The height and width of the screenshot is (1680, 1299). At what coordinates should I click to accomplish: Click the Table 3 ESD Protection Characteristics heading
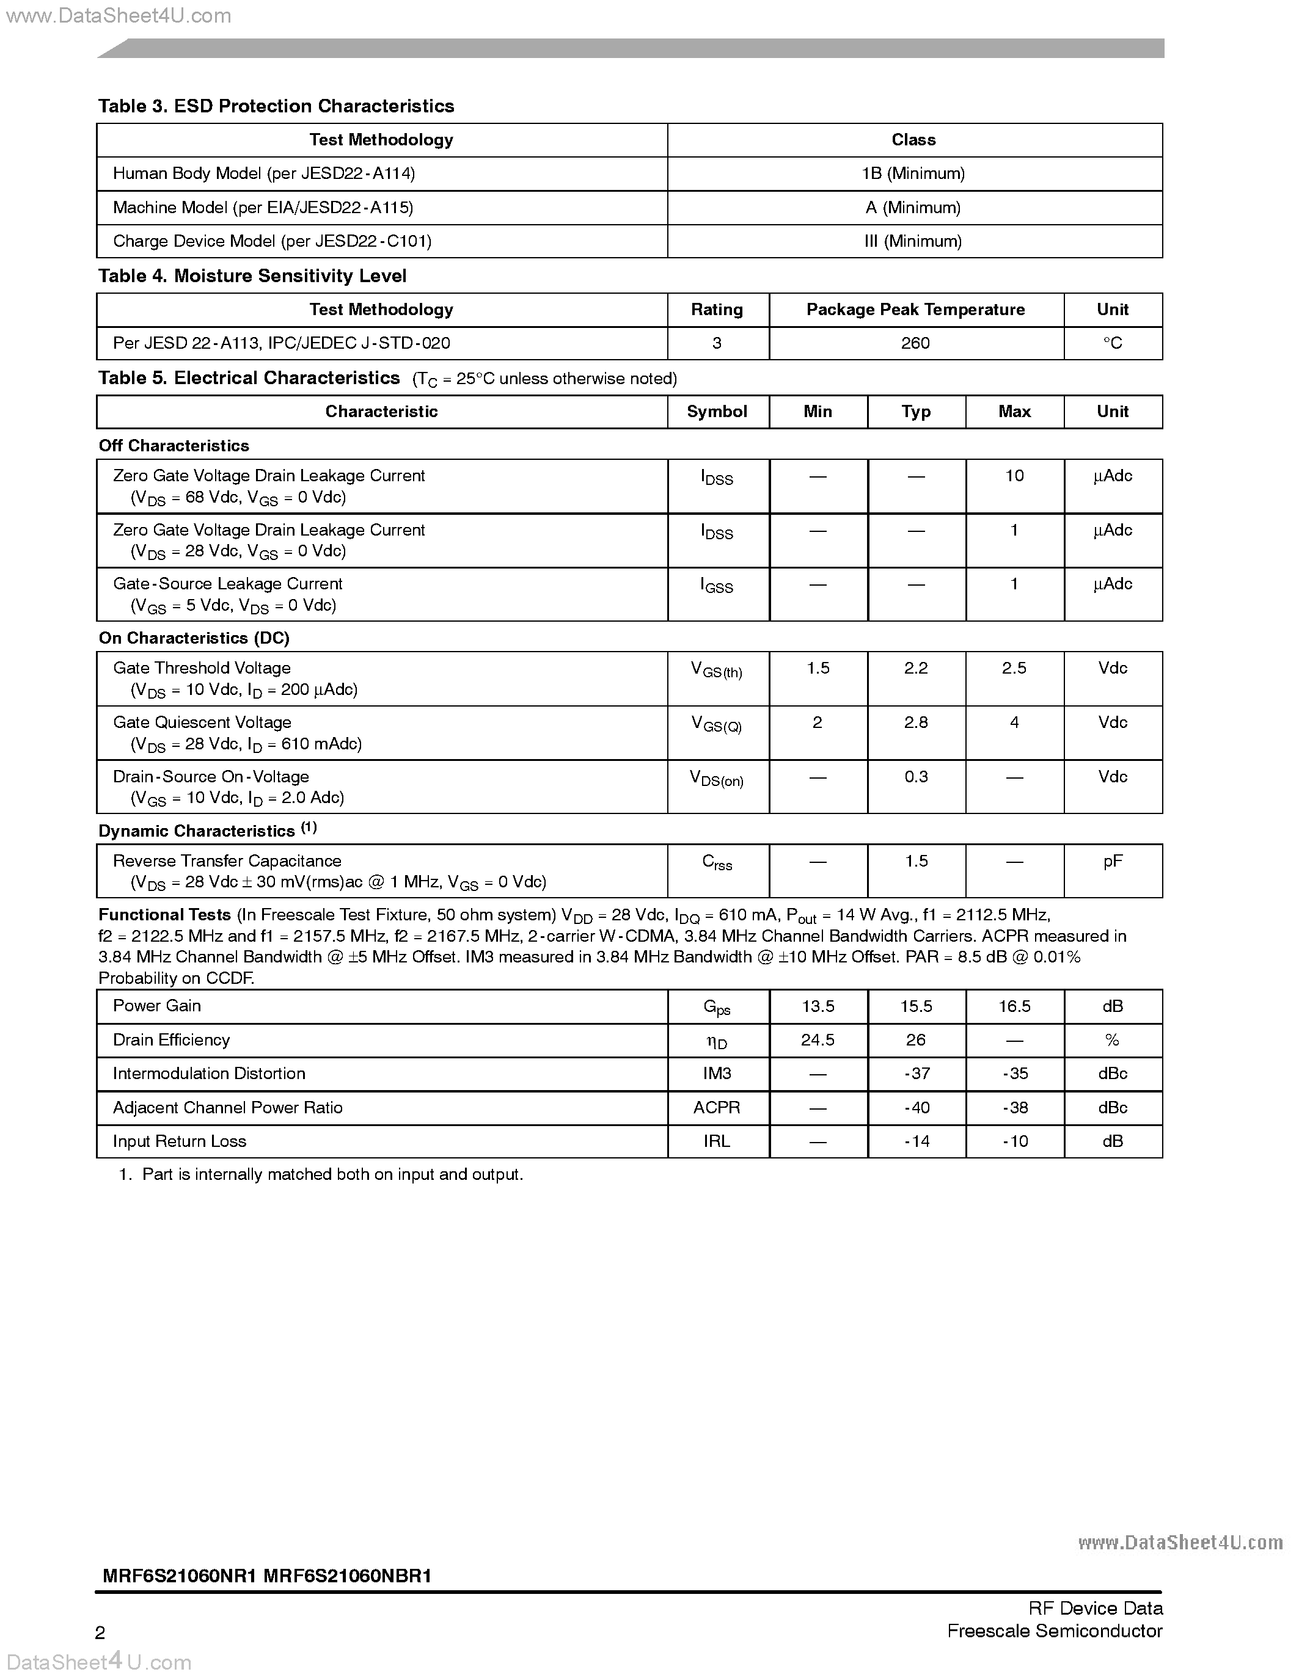click(276, 106)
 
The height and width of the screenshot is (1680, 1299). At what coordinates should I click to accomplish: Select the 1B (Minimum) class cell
click(913, 174)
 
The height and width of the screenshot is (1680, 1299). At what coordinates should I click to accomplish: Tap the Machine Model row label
click(262, 208)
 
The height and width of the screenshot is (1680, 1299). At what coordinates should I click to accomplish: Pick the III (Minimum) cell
click(913, 242)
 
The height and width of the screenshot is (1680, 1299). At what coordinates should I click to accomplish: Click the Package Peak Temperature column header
click(915, 310)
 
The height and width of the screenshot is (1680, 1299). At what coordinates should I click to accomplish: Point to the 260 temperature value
click(915, 343)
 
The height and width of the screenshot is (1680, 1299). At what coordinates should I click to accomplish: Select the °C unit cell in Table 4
click(1112, 343)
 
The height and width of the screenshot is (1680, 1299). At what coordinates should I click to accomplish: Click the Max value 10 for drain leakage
click(1014, 476)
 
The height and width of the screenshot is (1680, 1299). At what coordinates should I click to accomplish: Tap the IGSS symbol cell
click(717, 586)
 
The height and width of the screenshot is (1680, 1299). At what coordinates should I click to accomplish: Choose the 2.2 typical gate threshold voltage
click(916, 669)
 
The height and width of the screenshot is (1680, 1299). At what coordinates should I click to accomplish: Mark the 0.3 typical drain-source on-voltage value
click(916, 777)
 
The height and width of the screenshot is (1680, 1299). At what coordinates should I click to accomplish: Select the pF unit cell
click(1112, 862)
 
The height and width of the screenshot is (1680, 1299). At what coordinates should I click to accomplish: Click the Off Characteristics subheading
click(174, 446)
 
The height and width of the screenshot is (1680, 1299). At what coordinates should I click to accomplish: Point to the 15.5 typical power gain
click(916, 1007)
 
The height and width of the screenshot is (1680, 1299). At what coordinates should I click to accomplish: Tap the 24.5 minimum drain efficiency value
click(818, 1041)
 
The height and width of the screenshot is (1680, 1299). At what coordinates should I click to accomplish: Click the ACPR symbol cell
click(717, 1108)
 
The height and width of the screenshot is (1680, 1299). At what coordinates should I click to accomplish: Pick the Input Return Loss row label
click(179, 1141)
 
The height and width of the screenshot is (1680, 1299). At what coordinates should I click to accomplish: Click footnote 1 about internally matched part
click(321, 1174)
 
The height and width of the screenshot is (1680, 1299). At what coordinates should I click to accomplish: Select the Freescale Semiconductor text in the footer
click(1054, 1632)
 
